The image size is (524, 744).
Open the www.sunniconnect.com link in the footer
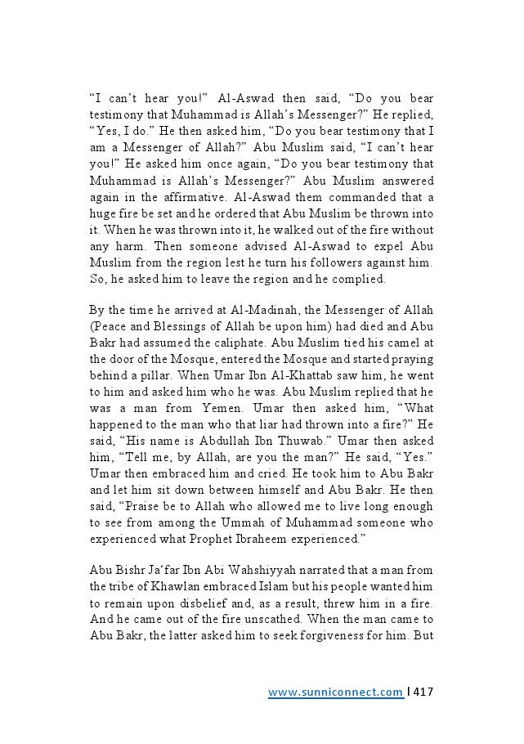(335, 692)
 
